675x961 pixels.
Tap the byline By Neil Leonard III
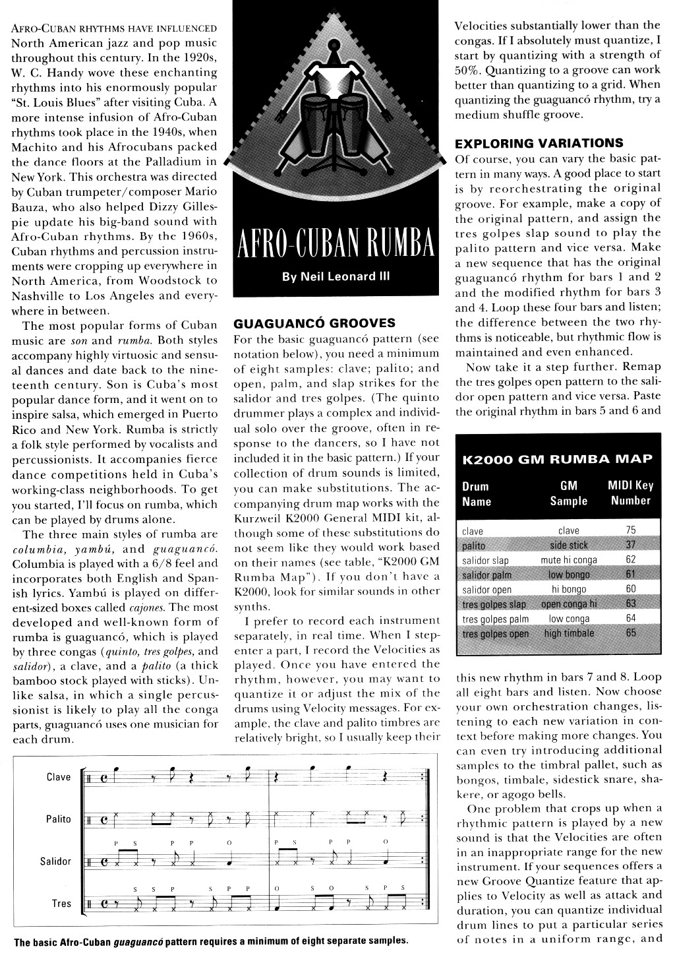click(336, 277)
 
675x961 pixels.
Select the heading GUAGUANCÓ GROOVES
click(314, 323)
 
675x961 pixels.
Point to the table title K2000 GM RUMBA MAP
click(558, 459)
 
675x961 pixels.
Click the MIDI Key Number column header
click(630, 493)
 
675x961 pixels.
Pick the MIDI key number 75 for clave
click(631, 531)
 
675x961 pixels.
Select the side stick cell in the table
click(569, 545)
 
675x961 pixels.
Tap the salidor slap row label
click(486, 561)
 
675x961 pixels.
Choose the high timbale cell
click(569, 634)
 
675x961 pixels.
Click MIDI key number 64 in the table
click(631, 619)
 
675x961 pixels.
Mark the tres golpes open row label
click(495, 634)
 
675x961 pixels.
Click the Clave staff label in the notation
click(59, 777)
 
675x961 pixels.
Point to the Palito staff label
click(58, 819)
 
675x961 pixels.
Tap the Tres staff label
click(61, 904)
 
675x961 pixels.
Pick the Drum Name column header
click(476, 493)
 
